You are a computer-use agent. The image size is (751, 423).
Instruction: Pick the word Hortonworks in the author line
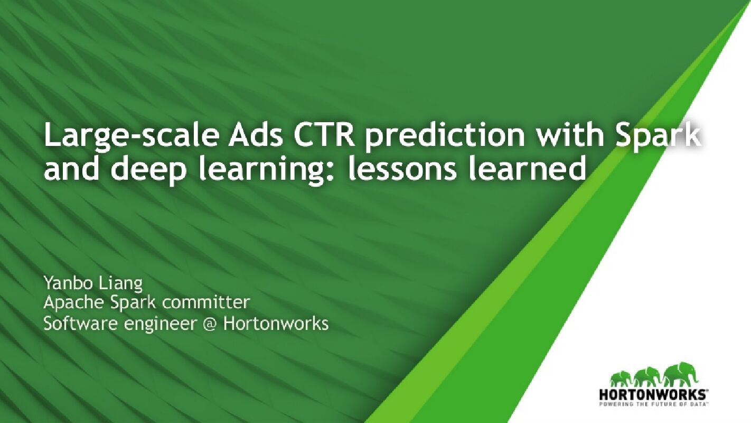point(276,323)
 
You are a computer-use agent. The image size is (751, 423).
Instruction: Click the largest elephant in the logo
point(681,374)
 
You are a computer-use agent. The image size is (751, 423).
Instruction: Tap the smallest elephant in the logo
point(620,379)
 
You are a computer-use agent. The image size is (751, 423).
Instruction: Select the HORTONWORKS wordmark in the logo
point(653,394)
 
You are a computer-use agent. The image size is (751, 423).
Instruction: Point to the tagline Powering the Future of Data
point(653,403)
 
